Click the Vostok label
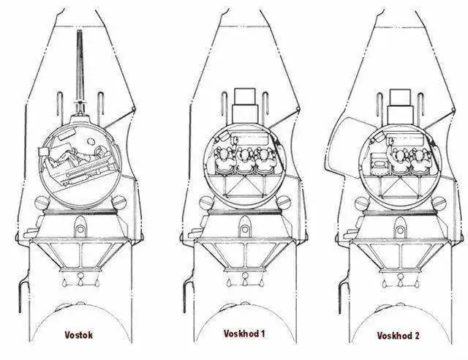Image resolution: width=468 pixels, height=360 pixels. [78, 335]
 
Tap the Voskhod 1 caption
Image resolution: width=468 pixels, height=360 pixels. [244, 334]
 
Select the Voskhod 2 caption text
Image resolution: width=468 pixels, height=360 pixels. [398, 336]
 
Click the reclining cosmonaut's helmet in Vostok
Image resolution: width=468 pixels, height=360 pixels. [99, 151]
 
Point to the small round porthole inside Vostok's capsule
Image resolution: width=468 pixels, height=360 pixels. [90, 141]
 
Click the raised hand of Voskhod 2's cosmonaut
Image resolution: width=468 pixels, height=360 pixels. [390, 141]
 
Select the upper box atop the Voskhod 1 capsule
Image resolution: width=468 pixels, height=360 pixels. [245, 96]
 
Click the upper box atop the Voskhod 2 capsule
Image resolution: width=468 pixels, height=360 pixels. [400, 98]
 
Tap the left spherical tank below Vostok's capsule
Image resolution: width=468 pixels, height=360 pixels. [42, 203]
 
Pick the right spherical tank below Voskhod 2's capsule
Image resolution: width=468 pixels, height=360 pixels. [439, 203]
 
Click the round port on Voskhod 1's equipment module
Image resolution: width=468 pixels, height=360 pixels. [245, 229]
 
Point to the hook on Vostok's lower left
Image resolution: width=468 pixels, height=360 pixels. [23, 293]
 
